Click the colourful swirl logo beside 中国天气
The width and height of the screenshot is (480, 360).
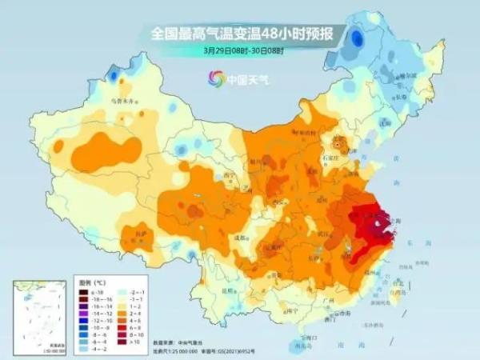pos(215,78)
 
